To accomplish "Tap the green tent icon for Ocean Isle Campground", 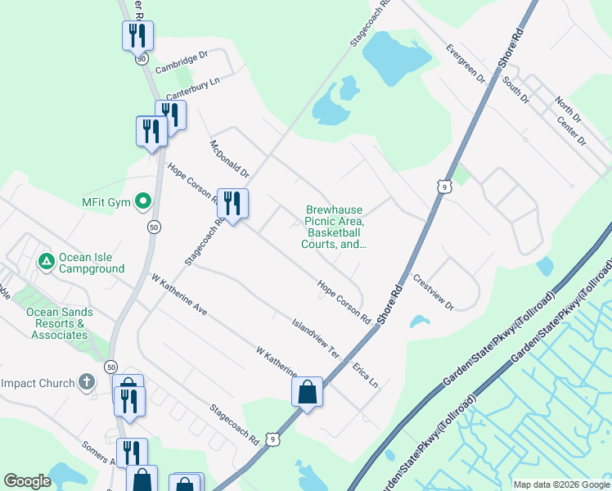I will coord(47,261).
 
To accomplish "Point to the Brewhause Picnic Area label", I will coord(334,227).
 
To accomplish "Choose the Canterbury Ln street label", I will coord(194,86).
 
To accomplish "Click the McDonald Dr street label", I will coord(229,158).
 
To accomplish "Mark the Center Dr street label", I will coord(572,129).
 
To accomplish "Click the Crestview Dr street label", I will coord(433,293).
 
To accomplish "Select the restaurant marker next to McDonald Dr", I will coord(232,205).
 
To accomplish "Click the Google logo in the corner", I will coord(27,481).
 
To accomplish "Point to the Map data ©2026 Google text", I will coord(560,484).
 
